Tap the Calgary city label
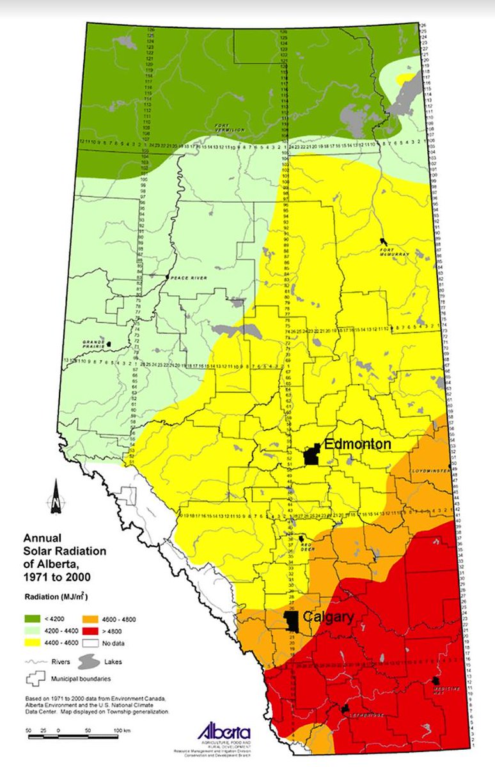coord(329,617)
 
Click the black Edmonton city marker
coord(312,454)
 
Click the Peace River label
coord(186,278)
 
